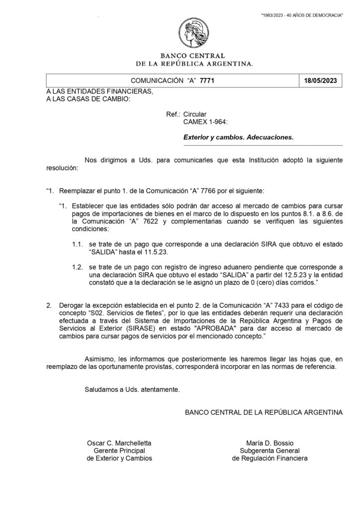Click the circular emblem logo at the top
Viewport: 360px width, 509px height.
click(x=195, y=32)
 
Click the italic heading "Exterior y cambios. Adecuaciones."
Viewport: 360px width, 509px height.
click(x=239, y=136)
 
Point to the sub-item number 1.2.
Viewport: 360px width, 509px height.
click(x=77, y=267)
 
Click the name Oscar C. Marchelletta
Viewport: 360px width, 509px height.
click(x=119, y=442)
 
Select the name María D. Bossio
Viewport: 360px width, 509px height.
click(x=270, y=442)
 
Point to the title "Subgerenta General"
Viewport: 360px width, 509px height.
click(x=270, y=450)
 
